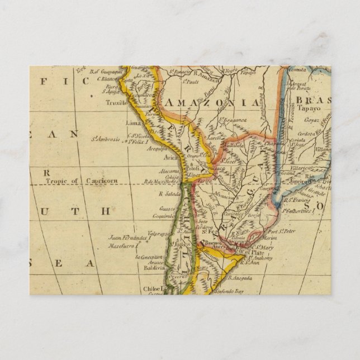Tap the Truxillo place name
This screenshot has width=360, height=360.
point(117,103)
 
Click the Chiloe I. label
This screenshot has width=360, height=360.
point(156,289)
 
